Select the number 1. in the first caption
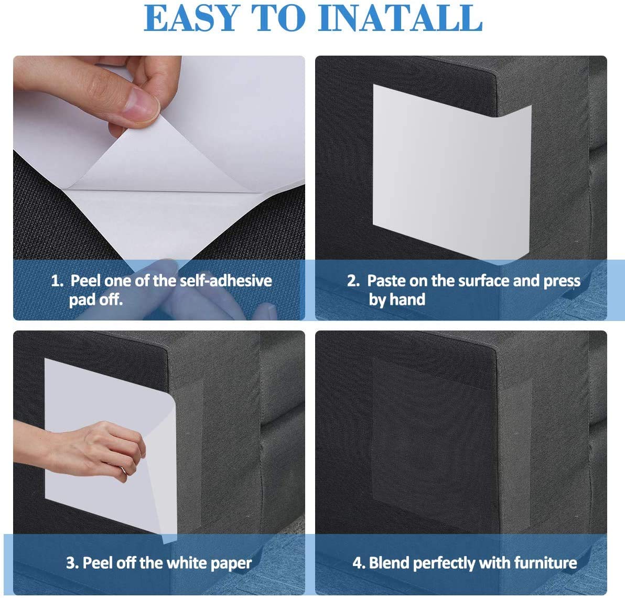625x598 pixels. [x=57, y=281]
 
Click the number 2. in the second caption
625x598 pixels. [x=353, y=281]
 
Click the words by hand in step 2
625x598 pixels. [x=396, y=300]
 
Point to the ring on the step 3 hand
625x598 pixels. [x=123, y=471]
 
